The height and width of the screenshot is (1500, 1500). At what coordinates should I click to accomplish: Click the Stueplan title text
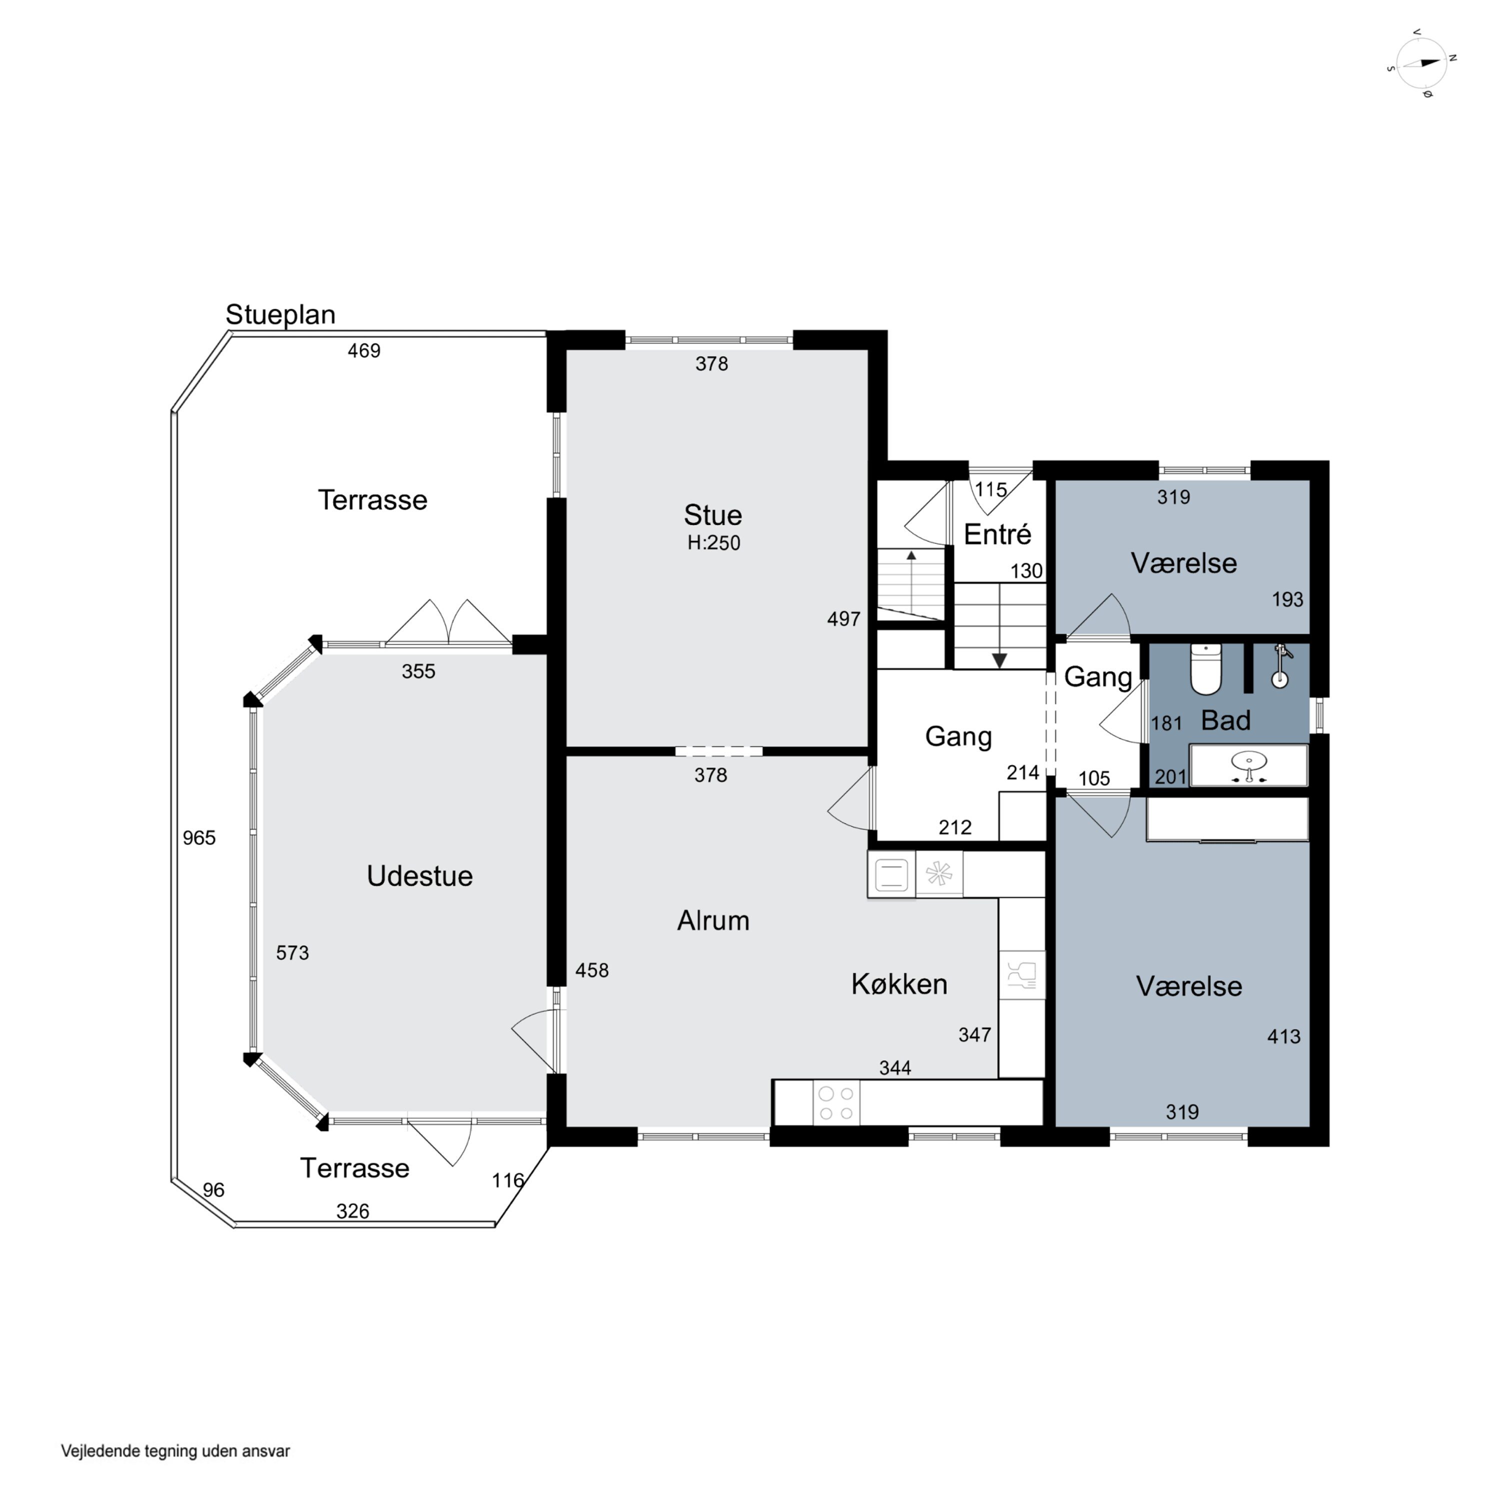click(280, 315)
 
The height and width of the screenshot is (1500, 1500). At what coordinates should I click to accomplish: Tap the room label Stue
click(712, 515)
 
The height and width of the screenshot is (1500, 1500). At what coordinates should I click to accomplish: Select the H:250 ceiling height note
click(713, 542)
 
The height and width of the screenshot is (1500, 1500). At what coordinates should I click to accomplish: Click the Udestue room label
click(419, 876)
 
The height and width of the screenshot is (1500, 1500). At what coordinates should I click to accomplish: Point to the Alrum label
click(712, 921)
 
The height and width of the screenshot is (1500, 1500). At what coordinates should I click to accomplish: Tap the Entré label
click(997, 534)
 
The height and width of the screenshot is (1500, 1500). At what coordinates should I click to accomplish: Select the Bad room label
click(1225, 720)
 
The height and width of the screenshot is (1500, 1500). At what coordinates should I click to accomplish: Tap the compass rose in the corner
click(1421, 63)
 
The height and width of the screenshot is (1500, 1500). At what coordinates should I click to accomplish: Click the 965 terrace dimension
click(199, 837)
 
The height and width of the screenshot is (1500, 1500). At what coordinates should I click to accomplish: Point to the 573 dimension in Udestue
click(292, 952)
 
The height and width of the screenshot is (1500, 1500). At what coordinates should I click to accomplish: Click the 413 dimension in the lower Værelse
click(1283, 1036)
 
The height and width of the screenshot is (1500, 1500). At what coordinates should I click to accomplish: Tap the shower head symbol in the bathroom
click(1281, 666)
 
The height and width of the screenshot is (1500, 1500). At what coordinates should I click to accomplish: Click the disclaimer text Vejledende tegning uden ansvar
click(175, 1451)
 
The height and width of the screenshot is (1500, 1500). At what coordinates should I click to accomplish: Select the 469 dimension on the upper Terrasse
click(363, 351)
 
